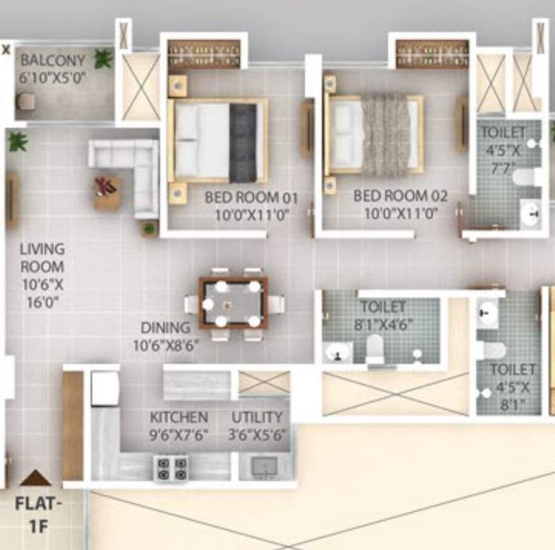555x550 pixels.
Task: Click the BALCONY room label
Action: pyautogui.click(x=52, y=61)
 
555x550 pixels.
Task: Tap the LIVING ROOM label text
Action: pyautogui.click(x=41, y=249)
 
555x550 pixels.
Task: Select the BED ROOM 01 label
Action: pyautogui.click(x=251, y=197)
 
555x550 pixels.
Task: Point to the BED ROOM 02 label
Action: pyautogui.click(x=400, y=196)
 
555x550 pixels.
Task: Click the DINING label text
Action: pyautogui.click(x=165, y=328)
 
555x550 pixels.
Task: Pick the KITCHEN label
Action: pyautogui.click(x=179, y=417)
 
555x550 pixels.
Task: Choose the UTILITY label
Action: pyautogui.click(x=257, y=417)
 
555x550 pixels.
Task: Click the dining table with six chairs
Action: pyautogui.click(x=233, y=302)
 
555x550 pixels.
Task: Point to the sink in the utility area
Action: pyautogui.click(x=262, y=467)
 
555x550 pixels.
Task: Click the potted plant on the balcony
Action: pyautogui.click(x=103, y=58)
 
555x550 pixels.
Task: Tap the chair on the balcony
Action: pyautogui.click(x=26, y=102)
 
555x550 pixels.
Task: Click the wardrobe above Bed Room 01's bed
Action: pyautogui.click(x=203, y=54)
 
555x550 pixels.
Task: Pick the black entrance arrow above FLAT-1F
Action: pyautogui.click(x=35, y=478)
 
